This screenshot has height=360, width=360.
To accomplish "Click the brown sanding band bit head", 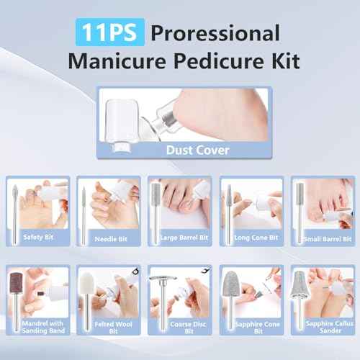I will (17, 284).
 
